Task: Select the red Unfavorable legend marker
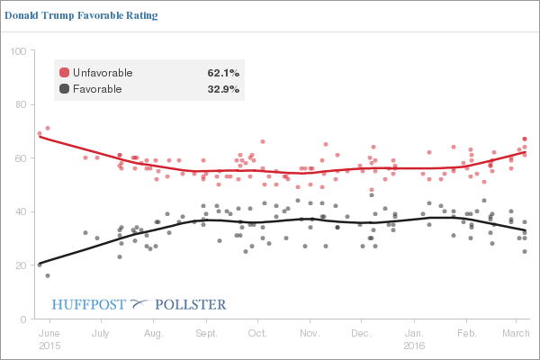tap(64, 72)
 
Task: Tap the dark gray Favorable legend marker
tap(64, 88)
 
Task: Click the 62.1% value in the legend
tap(223, 72)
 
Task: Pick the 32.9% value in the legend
tap(223, 88)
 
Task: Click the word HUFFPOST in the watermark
tap(89, 304)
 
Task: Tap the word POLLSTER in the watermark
tap(192, 304)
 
